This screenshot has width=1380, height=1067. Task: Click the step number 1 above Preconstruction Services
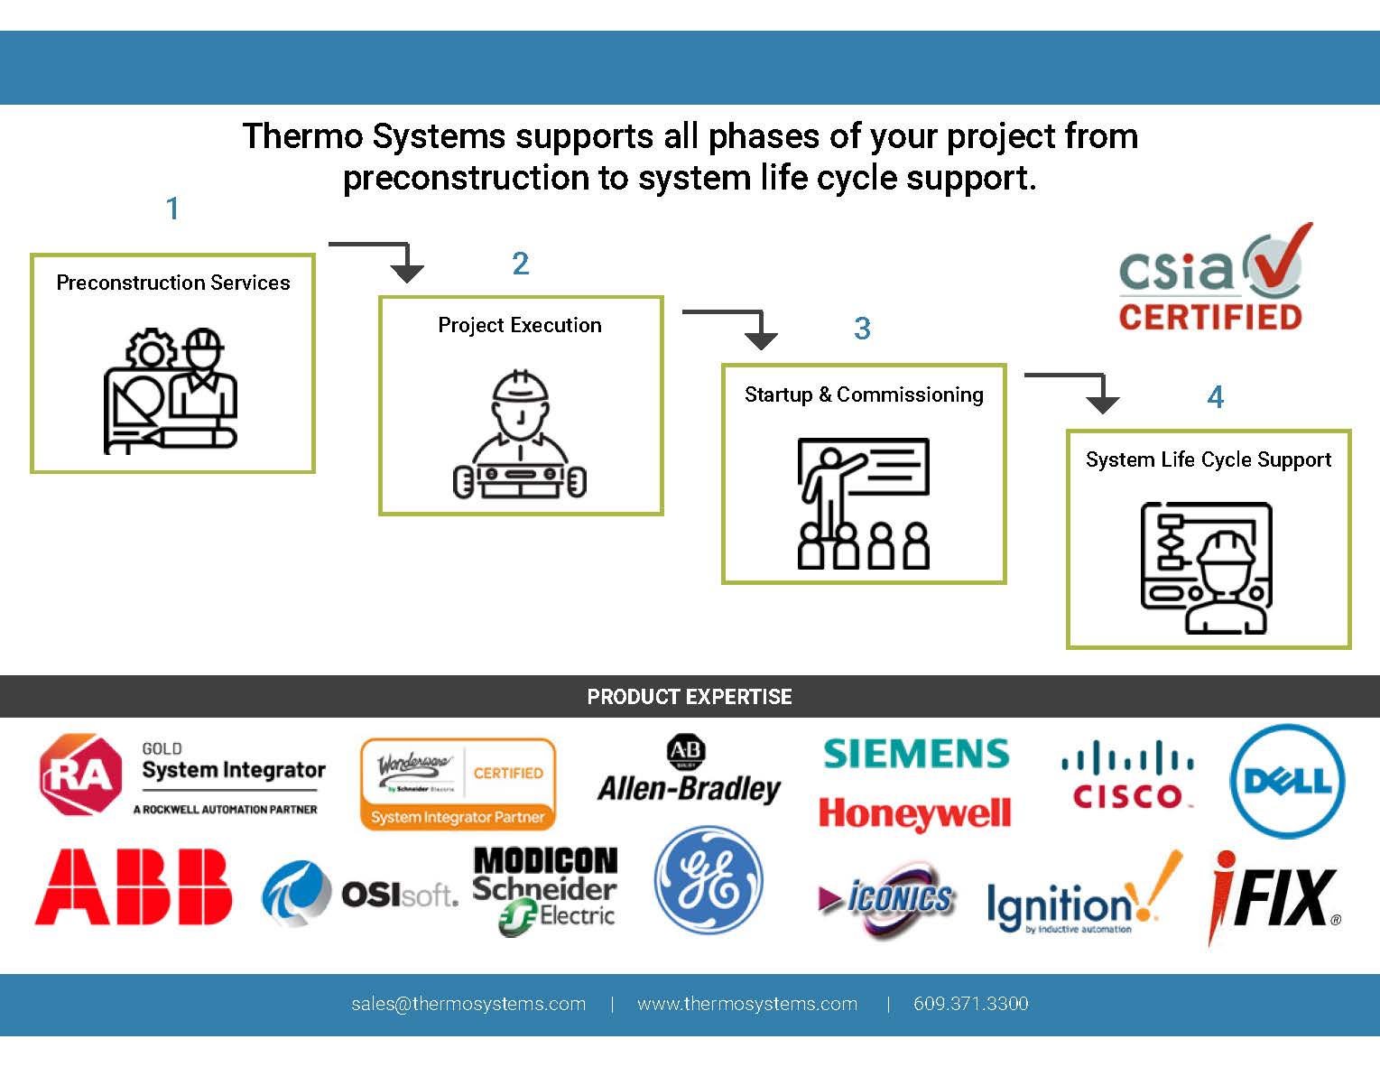click(x=172, y=209)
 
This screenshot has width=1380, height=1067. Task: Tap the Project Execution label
click(x=519, y=325)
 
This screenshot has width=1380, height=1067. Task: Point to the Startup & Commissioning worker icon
click(x=863, y=503)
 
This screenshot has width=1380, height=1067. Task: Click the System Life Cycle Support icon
click(x=1207, y=568)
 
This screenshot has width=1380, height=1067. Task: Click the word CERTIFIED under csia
click(x=1209, y=317)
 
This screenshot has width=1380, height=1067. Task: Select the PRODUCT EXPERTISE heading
click(x=690, y=697)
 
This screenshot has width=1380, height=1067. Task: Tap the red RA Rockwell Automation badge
click(x=80, y=775)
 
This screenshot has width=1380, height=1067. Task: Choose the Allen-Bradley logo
click(x=689, y=772)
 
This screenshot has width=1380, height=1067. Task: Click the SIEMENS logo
click(x=916, y=754)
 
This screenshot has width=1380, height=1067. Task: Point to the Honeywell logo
click(x=914, y=813)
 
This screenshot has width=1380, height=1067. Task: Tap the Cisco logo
click(x=1128, y=776)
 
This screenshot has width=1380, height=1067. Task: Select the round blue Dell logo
click(x=1287, y=781)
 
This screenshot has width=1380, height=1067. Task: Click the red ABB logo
click(x=133, y=886)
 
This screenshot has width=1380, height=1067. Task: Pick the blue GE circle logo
click(x=709, y=880)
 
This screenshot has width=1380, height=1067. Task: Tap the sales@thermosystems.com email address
click(x=468, y=1004)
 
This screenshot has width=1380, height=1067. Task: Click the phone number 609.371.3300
click(x=970, y=1004)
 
